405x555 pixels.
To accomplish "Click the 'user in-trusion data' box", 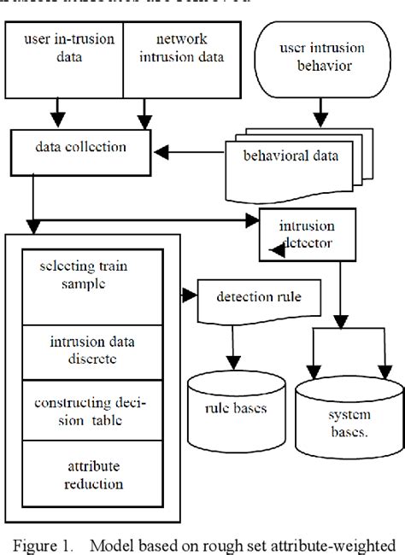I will click(65, 51).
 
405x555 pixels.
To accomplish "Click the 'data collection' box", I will click(81, 147).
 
